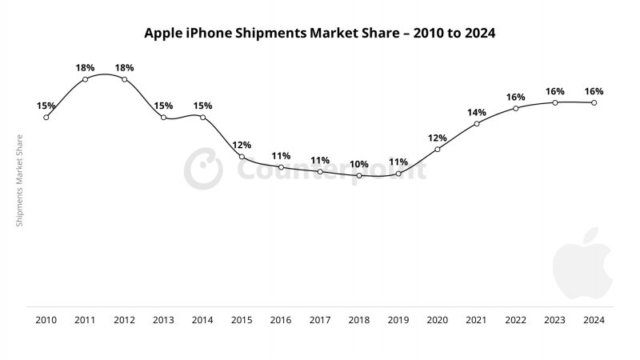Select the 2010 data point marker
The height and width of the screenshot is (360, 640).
(x=46, y=117)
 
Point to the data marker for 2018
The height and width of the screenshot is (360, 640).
(x=359, y=175)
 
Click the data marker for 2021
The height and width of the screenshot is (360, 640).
(x=477, y=123)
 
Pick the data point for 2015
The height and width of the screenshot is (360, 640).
(x=242, y=157)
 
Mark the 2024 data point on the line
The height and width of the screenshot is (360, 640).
(x=594, y=102)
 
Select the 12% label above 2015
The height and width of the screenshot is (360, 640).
(x=242, y=145)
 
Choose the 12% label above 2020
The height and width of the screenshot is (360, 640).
(x=438, y=138)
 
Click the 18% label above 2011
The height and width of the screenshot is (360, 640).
(x=86, y=67)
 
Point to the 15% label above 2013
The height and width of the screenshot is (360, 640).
(x=164, y=106)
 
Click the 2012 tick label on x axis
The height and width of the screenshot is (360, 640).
(x=124, y=320)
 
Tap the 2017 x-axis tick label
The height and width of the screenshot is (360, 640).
(x=320, y=320)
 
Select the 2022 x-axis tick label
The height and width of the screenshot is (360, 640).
(x=516, y=320)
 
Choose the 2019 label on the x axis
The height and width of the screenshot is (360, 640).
(x=398, y=320)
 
